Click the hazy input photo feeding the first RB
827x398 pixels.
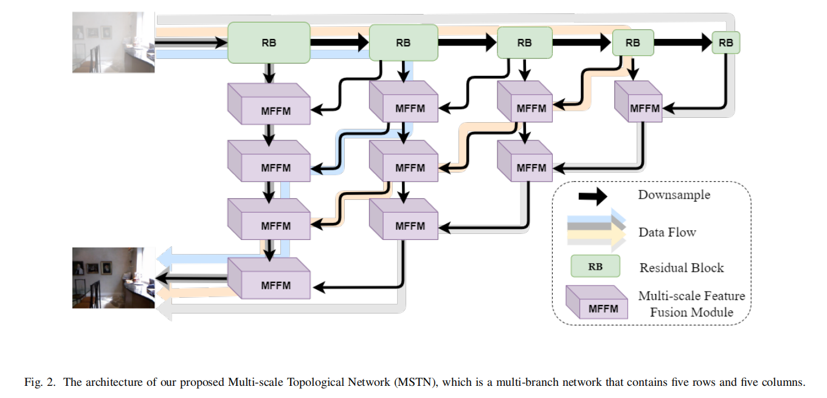pos(114,42)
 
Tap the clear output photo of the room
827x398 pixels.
pos(114,277)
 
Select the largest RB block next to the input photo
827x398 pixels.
pos(269,43)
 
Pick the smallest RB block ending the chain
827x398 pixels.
pos(725,43)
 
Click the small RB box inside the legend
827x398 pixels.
pos(595,266)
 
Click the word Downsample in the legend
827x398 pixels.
pos(674,195)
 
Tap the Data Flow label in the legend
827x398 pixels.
pos(666,232)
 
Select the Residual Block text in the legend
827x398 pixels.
pos(682,268)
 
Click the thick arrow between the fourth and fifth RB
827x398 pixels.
pos(682,43)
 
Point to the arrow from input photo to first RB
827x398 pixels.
pos(191,43)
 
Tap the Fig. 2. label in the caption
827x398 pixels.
pos(40,382)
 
